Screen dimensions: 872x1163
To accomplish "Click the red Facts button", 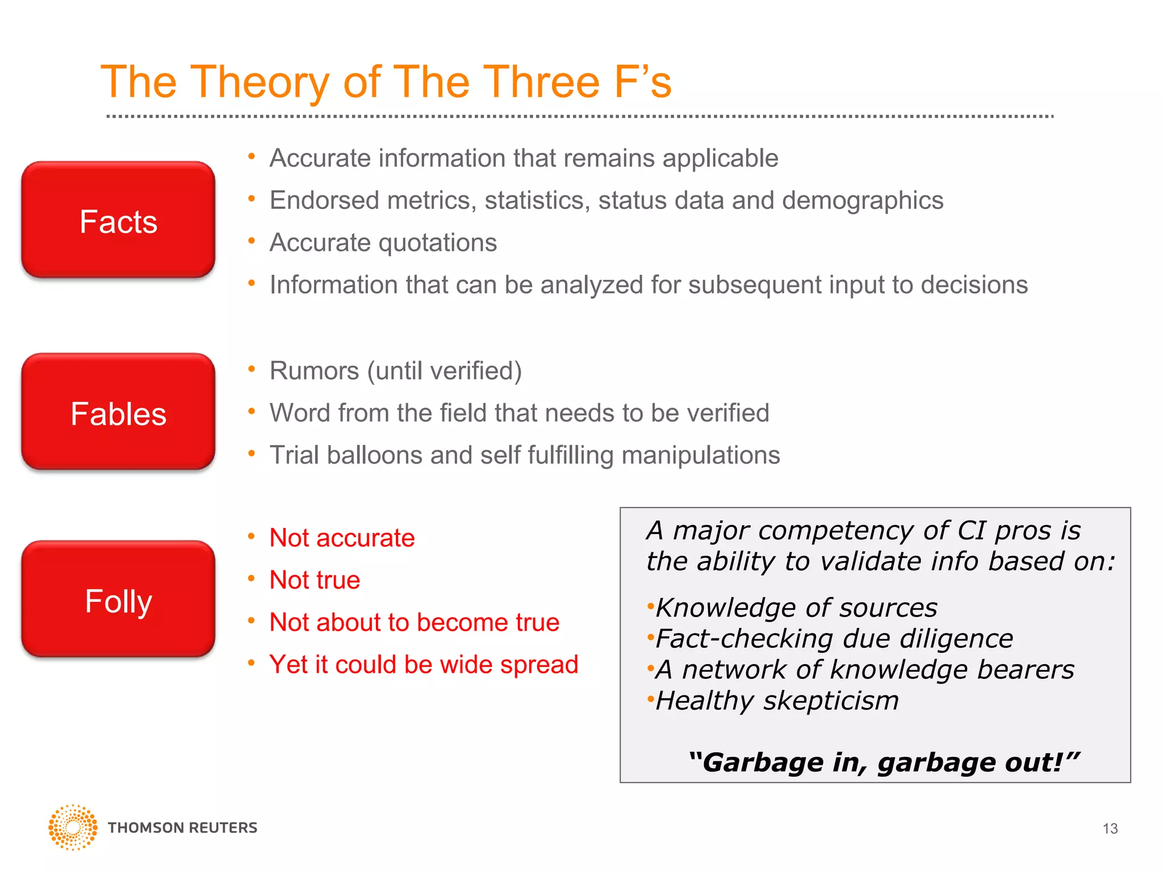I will pos(118,220).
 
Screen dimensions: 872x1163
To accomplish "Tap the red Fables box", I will pos(118,412).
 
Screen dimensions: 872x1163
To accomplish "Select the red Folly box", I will pos(118,599).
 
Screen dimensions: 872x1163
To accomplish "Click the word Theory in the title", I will pos(260,83).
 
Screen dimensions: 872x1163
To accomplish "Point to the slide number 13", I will pos(1110,829).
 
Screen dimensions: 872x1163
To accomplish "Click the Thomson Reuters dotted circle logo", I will pos(73,827).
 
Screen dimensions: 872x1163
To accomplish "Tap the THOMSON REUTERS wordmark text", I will pos(182,828).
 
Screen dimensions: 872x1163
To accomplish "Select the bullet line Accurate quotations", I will pos(383,243).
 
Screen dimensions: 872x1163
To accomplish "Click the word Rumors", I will pos(314,371).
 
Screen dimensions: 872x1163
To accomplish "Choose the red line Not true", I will pos(315,580).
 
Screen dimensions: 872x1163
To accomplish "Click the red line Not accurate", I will pos(342,538).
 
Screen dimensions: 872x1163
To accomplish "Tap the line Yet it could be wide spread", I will pos(424,665).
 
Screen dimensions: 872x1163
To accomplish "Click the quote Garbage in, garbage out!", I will pos(884,762).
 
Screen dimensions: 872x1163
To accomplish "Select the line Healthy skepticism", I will pos(777,701).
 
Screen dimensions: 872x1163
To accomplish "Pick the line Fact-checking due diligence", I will pos(834,639).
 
